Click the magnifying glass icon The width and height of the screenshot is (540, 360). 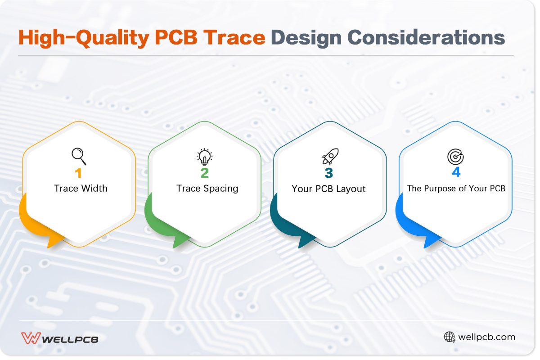coord(79,156)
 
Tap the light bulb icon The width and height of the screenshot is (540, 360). coord(205,157)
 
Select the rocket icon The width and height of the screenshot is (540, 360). coord(330,157)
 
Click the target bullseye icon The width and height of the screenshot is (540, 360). coord(455,157)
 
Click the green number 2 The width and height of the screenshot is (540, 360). coord(205,173)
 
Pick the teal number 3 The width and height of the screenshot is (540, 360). coord(329,173)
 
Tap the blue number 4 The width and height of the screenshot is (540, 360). coord(455,173)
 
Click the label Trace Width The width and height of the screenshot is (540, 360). coord(81,188)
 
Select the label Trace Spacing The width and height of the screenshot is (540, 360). coord(207,188)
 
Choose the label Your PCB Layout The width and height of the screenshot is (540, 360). coord(328,189)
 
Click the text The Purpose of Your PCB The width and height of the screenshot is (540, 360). coord(456,188)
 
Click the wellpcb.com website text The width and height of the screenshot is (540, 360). coord(486,337)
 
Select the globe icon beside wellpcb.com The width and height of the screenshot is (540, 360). coord(450,337)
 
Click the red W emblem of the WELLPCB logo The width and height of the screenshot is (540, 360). coord(31,338)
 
